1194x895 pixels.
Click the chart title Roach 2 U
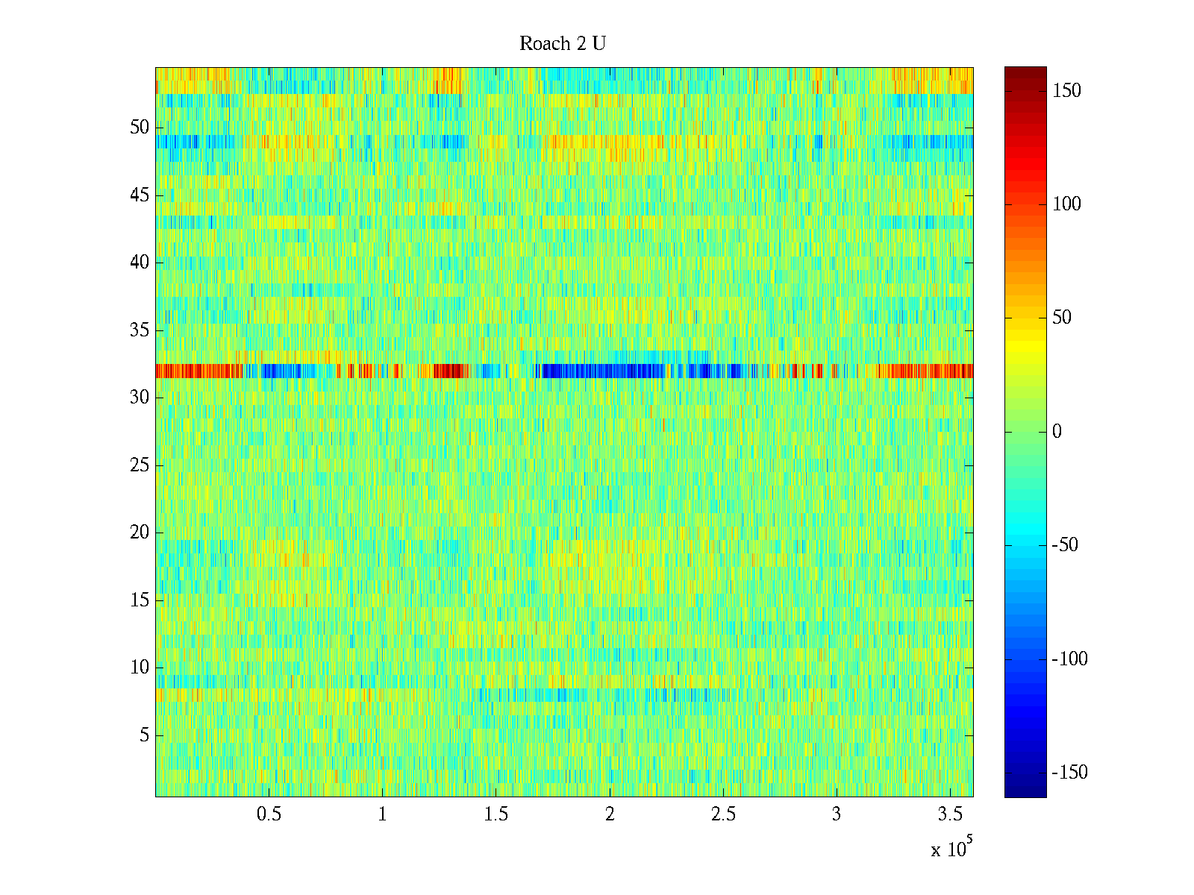point(562,44)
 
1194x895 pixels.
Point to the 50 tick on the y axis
point(140,128)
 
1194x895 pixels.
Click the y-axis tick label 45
point(140,195)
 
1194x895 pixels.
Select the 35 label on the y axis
point(140,330)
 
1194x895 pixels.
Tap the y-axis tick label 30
point(140,398)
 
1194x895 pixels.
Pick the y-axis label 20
point(140,533)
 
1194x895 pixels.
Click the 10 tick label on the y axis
point(140,668)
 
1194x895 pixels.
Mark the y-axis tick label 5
point(144,735)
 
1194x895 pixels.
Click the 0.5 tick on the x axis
point(269,814)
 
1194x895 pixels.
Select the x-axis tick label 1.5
point(496,814)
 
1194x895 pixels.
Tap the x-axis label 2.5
point(723,814)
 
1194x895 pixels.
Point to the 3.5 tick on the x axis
point(950,814)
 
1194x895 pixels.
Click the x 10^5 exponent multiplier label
point(949,849)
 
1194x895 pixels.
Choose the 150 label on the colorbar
point(1066,91)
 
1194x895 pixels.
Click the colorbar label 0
point(1057,432)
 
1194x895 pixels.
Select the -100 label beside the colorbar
point(1069,659)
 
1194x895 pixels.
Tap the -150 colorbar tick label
point(1069,773)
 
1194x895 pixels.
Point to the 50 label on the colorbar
point(1062,318)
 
